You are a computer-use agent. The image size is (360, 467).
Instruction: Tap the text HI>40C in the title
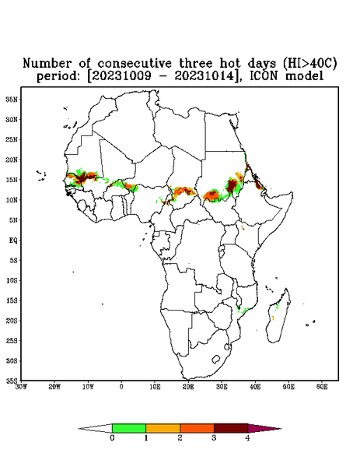pos(310,63)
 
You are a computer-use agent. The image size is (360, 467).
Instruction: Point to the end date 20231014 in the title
pos(204,76)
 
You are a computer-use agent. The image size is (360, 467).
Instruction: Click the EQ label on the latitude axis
pos(13,240)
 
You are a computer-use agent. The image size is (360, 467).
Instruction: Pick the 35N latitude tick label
pos(12,99)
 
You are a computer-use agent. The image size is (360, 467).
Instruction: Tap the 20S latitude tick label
pos(12,321)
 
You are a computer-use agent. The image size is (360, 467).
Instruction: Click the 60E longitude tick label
pos(322,387)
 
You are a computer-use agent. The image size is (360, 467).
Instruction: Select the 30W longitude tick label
pos(21,387)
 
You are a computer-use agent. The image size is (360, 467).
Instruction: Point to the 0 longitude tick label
pos(121,387)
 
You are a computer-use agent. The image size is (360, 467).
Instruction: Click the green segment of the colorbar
pos(129,428)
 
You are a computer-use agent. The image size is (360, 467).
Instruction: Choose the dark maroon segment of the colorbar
pos(231,428)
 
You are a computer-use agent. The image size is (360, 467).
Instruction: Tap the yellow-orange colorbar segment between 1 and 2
pos(163,428)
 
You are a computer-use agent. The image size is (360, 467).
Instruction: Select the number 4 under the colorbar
pos(247,438)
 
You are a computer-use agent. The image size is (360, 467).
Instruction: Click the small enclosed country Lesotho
pos(216,359)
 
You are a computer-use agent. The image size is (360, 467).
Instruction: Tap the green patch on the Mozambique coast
pos(243,311)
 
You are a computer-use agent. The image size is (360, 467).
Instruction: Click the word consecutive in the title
pos(135,63)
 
